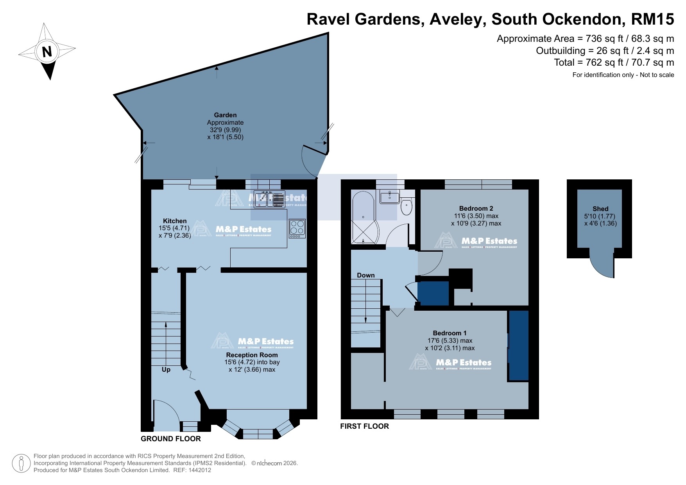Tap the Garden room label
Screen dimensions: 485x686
225,115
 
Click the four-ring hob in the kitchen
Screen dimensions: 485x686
297,228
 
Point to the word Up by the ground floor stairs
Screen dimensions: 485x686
166,369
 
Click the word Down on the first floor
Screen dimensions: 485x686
365,275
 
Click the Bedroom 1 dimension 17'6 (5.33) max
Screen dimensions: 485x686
450,340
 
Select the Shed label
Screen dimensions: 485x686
600,209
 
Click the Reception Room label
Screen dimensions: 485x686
252,355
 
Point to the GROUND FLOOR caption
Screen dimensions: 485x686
171,438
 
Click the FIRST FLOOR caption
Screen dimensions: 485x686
364,426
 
